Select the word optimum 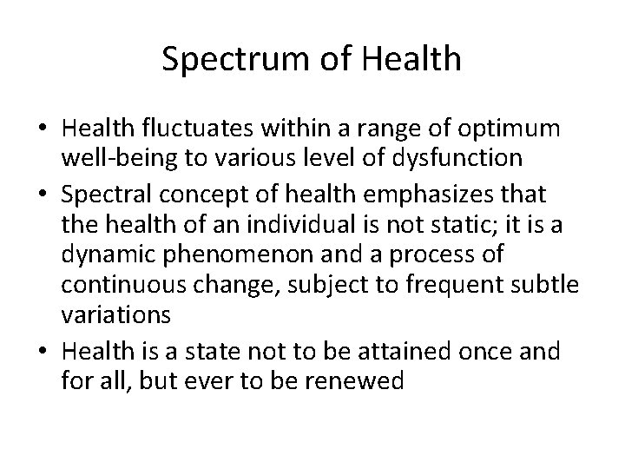point(515,129)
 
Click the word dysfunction point(464,159)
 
